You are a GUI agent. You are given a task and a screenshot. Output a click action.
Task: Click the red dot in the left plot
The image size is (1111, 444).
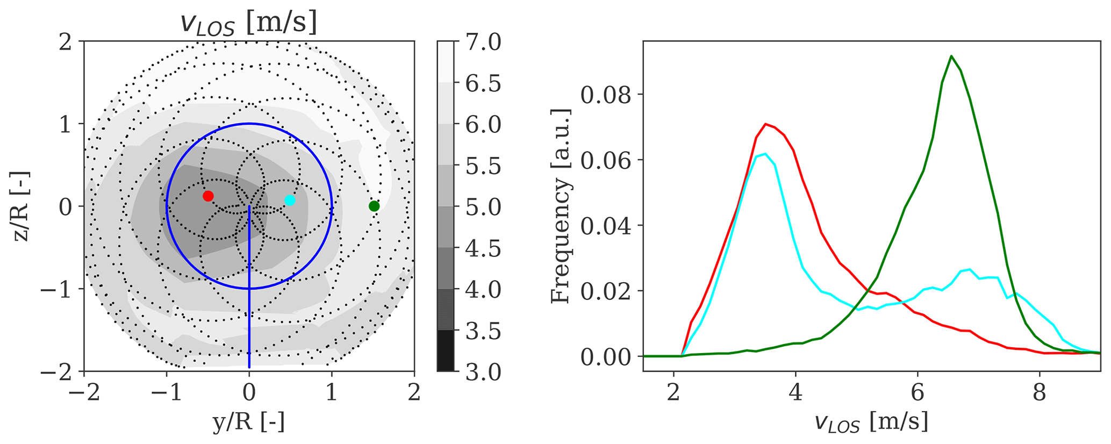point(208,196)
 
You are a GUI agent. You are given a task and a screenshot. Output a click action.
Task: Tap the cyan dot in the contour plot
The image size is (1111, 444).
point(290,200)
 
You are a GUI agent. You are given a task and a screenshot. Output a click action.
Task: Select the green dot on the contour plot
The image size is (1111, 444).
point(374,206)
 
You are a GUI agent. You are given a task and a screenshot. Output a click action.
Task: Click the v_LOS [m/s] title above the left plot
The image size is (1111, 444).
point(249,24)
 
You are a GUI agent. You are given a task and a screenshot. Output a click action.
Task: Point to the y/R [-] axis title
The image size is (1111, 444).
point(249,423)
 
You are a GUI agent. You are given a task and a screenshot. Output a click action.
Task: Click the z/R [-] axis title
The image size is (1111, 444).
point(22,206)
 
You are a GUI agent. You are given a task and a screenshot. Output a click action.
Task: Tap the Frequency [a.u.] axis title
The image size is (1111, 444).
point(561,206)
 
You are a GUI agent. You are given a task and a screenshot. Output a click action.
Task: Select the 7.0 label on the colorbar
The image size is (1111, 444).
point(483,42)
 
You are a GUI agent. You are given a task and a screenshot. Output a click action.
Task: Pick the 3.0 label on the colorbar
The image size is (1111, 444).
point(483,372)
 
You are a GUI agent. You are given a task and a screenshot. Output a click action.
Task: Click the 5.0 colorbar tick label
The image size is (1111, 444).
point(483,207)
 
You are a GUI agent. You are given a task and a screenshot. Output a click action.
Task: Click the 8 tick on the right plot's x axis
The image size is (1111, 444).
point(1040,394)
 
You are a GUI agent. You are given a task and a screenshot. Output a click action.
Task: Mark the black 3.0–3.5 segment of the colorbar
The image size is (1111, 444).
point(446,350)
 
